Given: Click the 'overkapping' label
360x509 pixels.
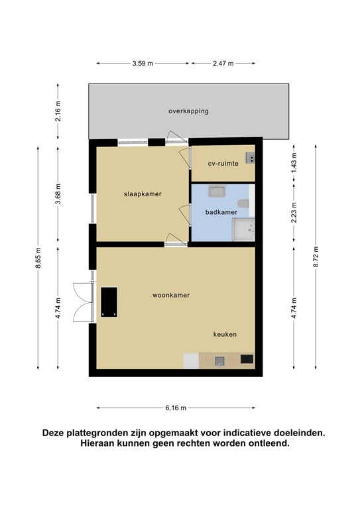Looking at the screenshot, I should click(188, 111).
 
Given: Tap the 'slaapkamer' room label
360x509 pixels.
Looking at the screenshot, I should click(143, 194).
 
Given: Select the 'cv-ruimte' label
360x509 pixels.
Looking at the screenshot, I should click(223, 162).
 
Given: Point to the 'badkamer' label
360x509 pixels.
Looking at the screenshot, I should click(221, 212).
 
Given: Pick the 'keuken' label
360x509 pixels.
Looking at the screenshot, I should click(225, 335).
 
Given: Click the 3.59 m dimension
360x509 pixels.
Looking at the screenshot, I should click(143, 64).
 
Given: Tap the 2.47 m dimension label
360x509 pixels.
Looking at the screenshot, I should click(223, 64).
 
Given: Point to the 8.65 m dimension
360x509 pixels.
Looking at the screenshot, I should click(38, 258).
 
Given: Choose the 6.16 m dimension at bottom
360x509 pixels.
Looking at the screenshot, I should click(176, 408).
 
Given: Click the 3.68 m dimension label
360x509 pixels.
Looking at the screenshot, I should click(58, 194).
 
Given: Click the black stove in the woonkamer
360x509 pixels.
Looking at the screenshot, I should click(109, 302).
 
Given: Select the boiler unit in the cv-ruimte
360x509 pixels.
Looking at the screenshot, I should click(251, 157).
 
